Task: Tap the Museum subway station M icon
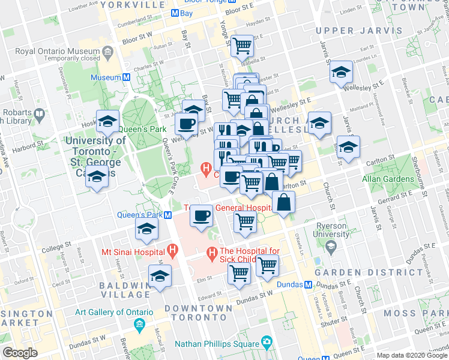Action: [127, 77]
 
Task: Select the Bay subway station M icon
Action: [174, 13]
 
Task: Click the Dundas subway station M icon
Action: [308, 284]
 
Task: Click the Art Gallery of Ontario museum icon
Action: [140, 326]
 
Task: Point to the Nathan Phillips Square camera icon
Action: [267, 343]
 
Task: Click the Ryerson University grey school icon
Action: [330, 246]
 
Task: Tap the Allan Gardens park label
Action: [388, 179]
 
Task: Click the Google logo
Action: [20, 353]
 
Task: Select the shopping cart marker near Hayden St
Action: [242, 44]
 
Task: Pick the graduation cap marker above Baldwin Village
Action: [160, 276]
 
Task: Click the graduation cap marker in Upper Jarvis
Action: [341, 73]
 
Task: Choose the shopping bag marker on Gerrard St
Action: [283, 202]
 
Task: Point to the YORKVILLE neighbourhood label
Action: [133, 4]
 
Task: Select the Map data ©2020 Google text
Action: [412, 355]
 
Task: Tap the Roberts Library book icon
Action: [40, 113]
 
